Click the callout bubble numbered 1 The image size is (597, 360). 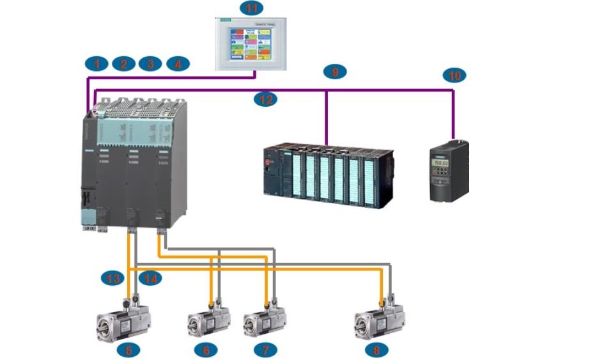[97, 63]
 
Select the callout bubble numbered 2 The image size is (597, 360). [123, 63]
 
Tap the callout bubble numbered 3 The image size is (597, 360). [150, 63]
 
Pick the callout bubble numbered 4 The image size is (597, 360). [178, 63]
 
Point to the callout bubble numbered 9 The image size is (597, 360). [335, 72]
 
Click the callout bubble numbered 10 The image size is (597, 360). [454, 75]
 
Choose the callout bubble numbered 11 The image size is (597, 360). [251, 8]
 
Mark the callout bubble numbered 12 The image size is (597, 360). [265, 99]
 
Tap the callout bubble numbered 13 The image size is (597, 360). [112, 278]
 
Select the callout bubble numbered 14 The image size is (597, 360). [150, 278]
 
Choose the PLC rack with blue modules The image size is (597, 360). [329, 177]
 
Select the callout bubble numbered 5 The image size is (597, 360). [128, 350]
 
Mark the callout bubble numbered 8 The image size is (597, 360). [376, 350]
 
